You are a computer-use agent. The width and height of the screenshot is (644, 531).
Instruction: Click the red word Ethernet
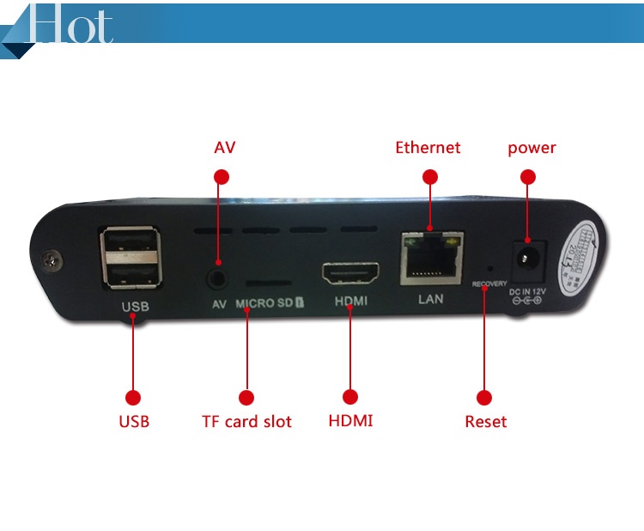428,148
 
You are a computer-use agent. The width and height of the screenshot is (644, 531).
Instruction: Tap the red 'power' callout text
532,148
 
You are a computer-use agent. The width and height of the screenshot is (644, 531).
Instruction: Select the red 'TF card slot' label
246,422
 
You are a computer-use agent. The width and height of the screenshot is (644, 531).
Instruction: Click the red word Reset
485,422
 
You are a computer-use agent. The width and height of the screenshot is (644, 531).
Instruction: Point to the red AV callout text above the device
224,148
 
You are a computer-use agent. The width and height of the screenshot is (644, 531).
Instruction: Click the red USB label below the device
133,422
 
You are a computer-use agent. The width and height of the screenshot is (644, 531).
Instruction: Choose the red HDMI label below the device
350,422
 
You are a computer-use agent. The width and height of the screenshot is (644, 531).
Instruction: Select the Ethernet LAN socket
431,259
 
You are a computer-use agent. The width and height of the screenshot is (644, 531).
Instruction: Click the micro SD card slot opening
269,282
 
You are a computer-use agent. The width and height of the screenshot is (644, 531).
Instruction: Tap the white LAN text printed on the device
430,300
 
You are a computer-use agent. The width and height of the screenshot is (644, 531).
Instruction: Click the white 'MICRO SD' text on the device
266,303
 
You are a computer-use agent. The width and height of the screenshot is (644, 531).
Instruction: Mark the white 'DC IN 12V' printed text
527,292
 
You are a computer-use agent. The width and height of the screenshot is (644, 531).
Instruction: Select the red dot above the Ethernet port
430,177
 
